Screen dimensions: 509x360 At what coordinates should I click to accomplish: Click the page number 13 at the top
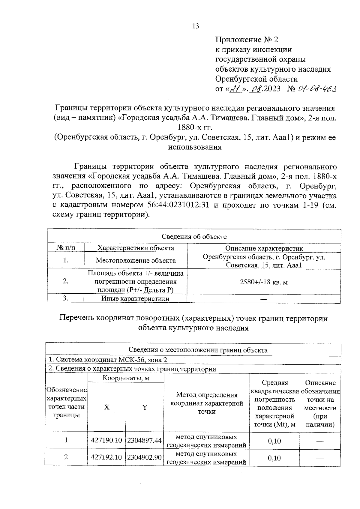[x=195, y=26]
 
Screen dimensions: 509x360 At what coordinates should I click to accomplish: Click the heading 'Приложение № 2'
[x=247, y=40]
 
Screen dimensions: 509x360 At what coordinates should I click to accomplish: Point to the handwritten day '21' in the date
[x=235, y=89]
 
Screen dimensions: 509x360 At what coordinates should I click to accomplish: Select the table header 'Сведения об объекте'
[x=194, y=236]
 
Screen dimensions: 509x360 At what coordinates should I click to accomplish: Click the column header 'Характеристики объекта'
[x=136, y=248]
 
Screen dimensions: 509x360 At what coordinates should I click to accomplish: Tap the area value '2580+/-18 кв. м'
[x=264, y=282]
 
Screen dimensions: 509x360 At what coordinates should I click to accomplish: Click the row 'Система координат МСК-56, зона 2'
[x=108, y=360]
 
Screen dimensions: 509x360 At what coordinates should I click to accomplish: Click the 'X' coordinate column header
[x=106, y=407]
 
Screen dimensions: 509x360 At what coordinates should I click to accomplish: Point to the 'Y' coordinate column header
[x=145, y=407]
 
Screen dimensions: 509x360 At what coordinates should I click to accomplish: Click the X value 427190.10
[x=106, y=440]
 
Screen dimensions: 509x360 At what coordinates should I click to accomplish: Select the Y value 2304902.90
[x=145, y=457]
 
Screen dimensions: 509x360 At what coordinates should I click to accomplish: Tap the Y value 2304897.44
[x=145, y=440]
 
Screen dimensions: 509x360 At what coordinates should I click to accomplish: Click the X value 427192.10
[x=106, y=457]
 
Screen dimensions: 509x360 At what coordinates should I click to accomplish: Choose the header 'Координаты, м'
[x=126, y=378]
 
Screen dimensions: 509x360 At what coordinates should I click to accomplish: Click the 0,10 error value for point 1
[x=274, y=441]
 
